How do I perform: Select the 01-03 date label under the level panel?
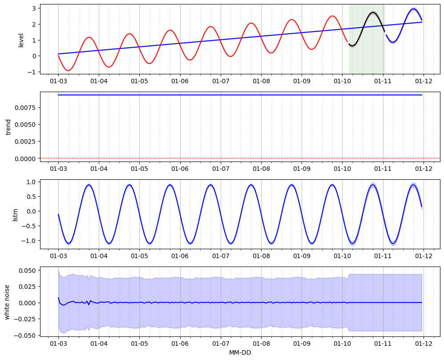(58, 81)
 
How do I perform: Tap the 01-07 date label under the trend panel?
(221, 169)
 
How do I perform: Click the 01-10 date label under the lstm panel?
(343, 256)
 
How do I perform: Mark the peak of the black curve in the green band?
(373, 13)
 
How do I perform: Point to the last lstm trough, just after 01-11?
(393, 243)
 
